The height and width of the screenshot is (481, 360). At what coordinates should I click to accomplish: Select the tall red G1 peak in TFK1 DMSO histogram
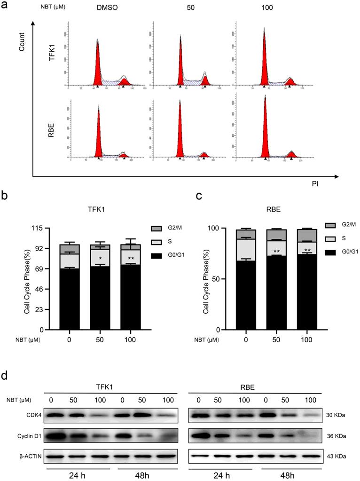pyautogui.click(x=98, y=66)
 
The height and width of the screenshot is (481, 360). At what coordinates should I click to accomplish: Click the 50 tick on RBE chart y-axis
pyautogui.click(x=210, y=279)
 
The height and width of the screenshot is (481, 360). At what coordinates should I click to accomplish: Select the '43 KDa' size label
pyautogui.click(x=336, y=455)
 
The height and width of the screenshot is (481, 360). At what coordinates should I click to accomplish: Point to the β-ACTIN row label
pyautogui.click(x=18, y=455)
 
